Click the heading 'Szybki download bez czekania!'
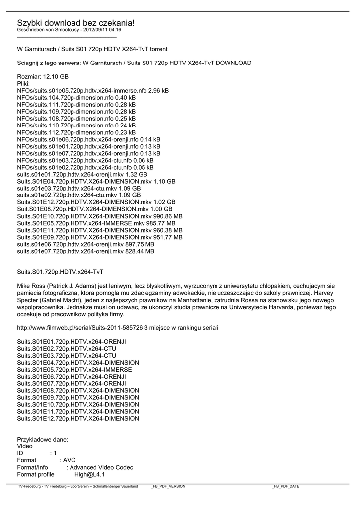point(75,23)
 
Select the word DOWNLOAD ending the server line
point(233,63)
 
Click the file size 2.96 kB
point(158,91)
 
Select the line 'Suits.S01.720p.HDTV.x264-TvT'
point(60,272)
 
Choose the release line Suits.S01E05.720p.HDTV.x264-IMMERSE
point(74,370)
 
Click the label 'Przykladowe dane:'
point(43,439)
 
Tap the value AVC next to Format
point(69,460)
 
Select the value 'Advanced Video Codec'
point(101,467)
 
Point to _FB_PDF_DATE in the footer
point(286,486)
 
